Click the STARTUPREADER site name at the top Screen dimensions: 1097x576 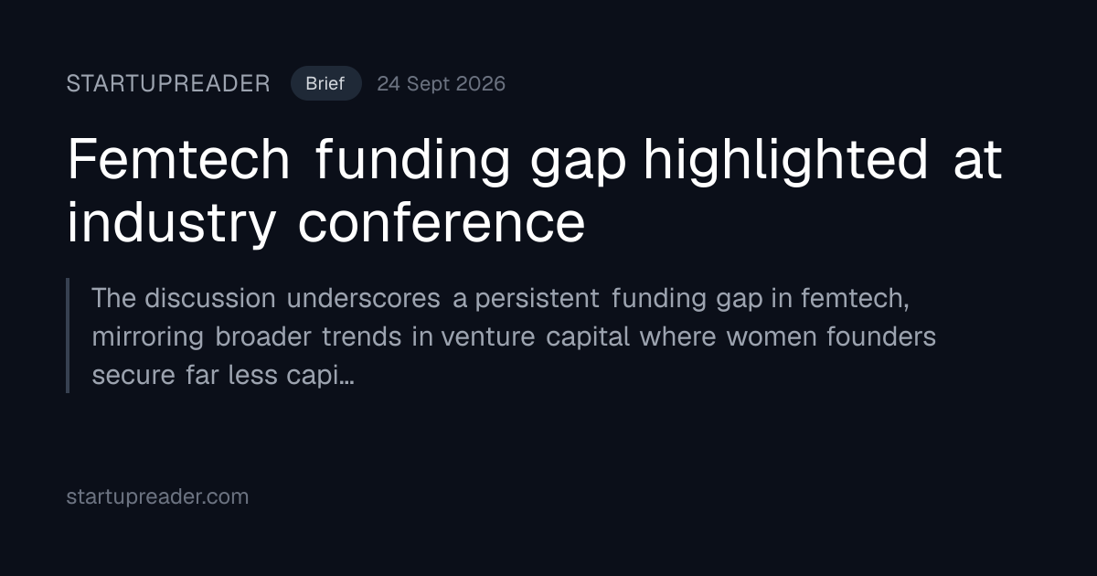168,84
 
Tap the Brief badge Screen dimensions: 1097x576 326,83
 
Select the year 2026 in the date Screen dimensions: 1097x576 480,84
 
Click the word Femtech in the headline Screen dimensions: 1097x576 179,159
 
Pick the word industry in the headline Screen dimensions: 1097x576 172,224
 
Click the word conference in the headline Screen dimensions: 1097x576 442,223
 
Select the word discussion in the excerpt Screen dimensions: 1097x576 210,298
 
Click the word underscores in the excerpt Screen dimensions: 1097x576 364,298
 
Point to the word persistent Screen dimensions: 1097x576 537,298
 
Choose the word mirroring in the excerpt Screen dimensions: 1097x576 147,337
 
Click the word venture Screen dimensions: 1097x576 488,337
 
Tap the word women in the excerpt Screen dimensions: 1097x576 772,337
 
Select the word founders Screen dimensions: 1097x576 881,336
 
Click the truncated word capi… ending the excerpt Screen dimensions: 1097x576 320,376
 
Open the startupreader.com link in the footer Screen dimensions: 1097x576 157,496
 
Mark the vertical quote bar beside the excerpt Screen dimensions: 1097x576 68,336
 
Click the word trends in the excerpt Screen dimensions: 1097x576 361,336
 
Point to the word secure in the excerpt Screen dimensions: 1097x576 133,376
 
